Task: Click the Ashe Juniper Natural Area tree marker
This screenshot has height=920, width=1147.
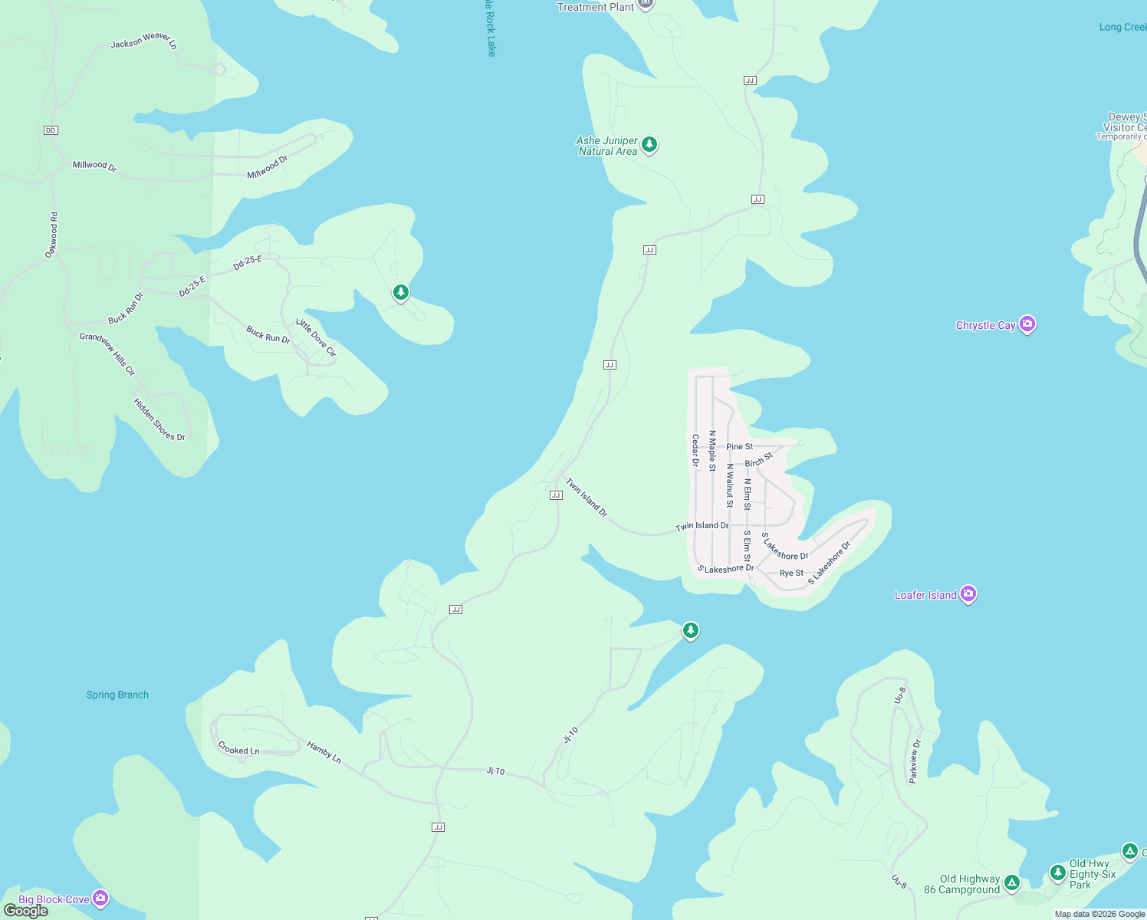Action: [x=649, y=144]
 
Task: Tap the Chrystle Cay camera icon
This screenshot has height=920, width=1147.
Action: [x=1027, y=324]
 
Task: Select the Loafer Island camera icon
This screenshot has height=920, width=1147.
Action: [x=968, y=593]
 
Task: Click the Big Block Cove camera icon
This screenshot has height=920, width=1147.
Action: [x=100, y=898]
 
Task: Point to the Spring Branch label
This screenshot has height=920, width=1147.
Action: [x=117, y=695]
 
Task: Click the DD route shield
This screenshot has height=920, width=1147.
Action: [x=51, y=130]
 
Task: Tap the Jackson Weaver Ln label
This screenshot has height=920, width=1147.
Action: [x=143, y=41]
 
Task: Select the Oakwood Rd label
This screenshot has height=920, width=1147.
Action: [x=51, y=235]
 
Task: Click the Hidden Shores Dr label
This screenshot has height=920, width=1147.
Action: [x=159, y=419]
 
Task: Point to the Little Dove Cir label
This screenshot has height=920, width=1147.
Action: [x=316, y=338]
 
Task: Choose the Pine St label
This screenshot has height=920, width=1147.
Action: [x=739, y=446]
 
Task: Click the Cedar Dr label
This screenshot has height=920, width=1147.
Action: [x=695, y=450]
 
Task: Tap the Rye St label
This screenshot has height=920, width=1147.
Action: [x=791, y=573]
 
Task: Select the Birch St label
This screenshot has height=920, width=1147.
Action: [x=759, y=460]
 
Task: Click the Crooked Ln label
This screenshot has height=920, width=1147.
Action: [x=238, y=748]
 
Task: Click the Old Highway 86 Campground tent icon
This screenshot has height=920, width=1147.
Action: [x=1012, y=883]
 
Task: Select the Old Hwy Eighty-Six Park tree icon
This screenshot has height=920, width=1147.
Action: [x=1058, y=872]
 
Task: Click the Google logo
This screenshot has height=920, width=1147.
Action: [x=26, y=911]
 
